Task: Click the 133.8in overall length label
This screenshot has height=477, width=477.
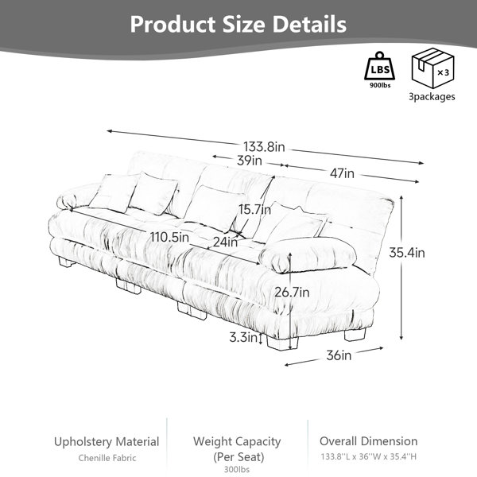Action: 264,146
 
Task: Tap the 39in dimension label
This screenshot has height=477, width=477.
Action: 250,161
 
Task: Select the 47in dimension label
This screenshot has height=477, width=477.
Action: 342,173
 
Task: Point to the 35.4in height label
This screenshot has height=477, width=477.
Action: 407,253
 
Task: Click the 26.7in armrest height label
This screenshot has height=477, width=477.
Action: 292,293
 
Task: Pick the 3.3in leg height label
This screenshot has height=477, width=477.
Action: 243,337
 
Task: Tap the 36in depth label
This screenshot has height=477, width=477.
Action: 339,355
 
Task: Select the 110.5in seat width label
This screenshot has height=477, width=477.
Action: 170,237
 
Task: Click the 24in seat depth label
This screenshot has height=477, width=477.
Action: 225,242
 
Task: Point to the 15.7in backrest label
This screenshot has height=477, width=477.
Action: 254,209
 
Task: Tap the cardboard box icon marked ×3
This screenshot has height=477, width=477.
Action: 433,68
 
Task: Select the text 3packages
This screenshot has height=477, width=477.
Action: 432,97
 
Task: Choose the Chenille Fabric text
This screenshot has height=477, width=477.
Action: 107,458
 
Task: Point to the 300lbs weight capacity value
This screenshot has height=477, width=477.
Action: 237,469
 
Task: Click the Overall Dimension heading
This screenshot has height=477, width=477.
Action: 368,441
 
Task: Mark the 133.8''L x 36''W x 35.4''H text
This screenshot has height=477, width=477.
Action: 368,456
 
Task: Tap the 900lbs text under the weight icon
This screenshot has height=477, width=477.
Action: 380,85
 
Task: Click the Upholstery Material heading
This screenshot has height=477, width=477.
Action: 107,442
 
